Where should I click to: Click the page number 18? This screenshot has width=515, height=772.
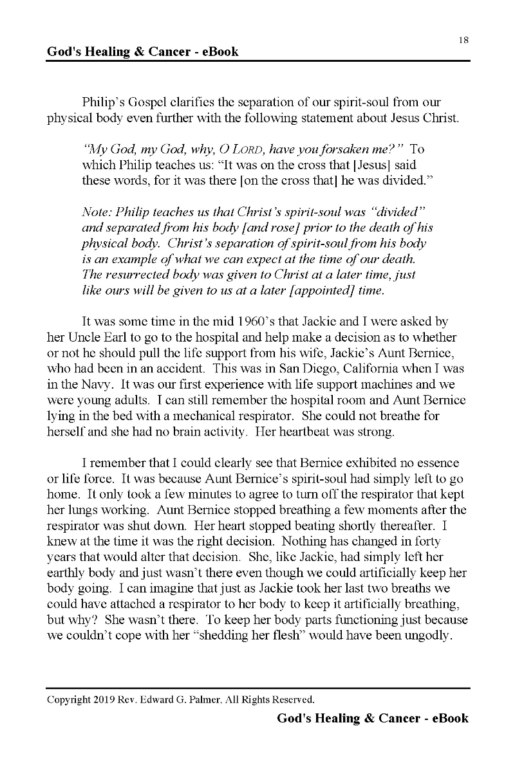coord(464,40)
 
